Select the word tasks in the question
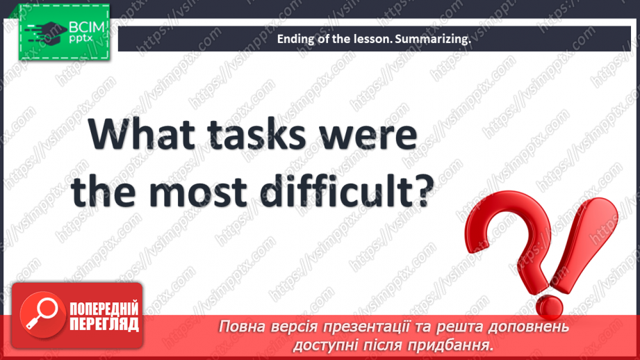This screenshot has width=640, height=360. (256, 134)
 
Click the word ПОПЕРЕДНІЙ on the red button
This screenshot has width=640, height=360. (104, 309)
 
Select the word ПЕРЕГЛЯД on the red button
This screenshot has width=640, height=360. (104, 325)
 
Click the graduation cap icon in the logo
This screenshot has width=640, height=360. (46, 32)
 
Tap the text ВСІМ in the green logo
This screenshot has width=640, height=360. (87, 28)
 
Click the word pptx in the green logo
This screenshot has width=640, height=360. (81, 38)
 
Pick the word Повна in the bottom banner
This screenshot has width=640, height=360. (240, 327)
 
